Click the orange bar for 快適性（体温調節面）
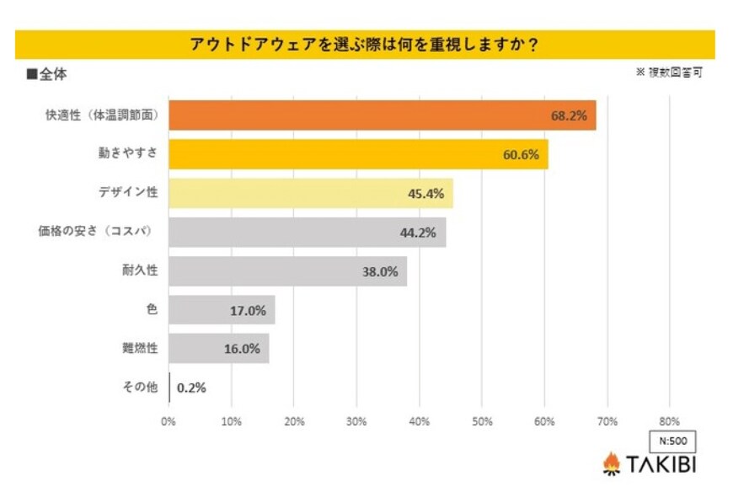[382, 115]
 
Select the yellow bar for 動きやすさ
[358, 154]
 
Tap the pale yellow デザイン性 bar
[310, 193]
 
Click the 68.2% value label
[569, 115]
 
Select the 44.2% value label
[418, 233]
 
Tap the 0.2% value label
[191, 388]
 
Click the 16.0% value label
[243, 349]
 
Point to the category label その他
[140, 388]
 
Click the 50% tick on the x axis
[482, 420]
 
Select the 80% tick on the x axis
[669, 420]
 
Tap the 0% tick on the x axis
[169, 420]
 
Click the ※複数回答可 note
[669, 72]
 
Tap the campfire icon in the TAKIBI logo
[612, 463]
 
